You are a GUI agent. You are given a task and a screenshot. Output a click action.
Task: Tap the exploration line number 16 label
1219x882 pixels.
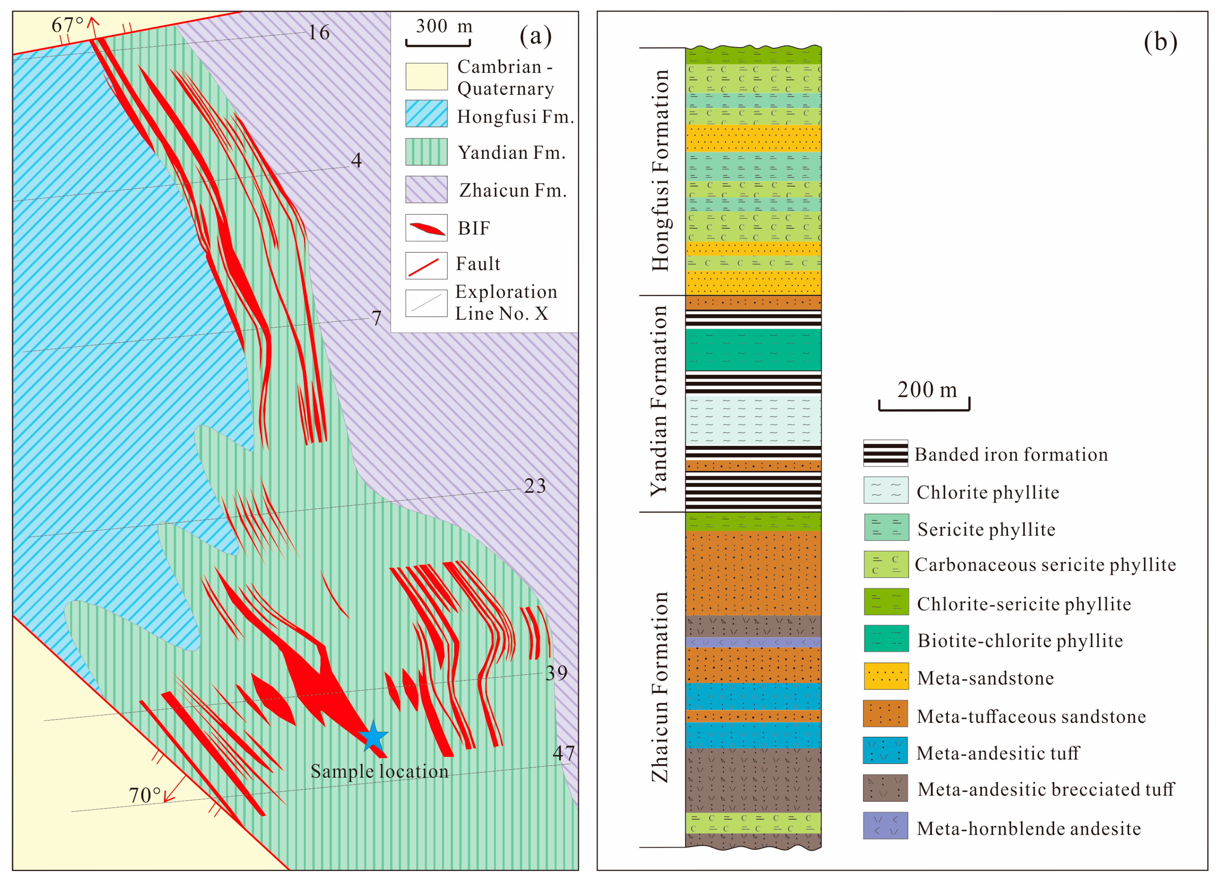pos(318,33)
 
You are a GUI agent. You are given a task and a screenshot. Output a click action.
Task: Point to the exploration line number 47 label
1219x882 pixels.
pos(563,753)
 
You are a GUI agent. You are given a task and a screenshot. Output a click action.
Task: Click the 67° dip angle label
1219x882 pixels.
pos(67,25)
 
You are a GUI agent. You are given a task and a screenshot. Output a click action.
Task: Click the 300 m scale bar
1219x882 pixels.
pos(438,42)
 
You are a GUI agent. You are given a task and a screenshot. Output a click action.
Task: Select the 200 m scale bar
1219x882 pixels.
pos(924,406)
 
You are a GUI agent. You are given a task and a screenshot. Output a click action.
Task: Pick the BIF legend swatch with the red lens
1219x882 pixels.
pos(426,228)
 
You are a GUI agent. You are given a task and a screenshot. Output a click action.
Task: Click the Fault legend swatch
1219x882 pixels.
pos(426,266)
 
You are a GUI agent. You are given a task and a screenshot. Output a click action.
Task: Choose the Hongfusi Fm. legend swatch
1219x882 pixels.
pos(426,114)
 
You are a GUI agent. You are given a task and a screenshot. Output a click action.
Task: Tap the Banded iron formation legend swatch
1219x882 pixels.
pos(885,453)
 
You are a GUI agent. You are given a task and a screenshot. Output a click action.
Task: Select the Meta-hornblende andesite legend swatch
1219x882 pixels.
pos(885,826)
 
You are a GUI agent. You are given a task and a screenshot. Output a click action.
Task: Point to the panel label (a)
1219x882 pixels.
pos(535,36)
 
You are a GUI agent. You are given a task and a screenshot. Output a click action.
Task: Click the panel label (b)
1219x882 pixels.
pos(1160,42)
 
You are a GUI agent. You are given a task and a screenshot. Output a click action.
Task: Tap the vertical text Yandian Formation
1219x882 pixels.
pos(659,401)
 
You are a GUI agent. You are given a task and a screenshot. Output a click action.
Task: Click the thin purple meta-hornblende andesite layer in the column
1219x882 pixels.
pos(753,642)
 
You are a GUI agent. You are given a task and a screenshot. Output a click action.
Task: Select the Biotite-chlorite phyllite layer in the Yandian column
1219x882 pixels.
pos(753,350)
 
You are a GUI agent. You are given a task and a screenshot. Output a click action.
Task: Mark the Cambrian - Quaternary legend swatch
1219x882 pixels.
pos(426,77)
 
